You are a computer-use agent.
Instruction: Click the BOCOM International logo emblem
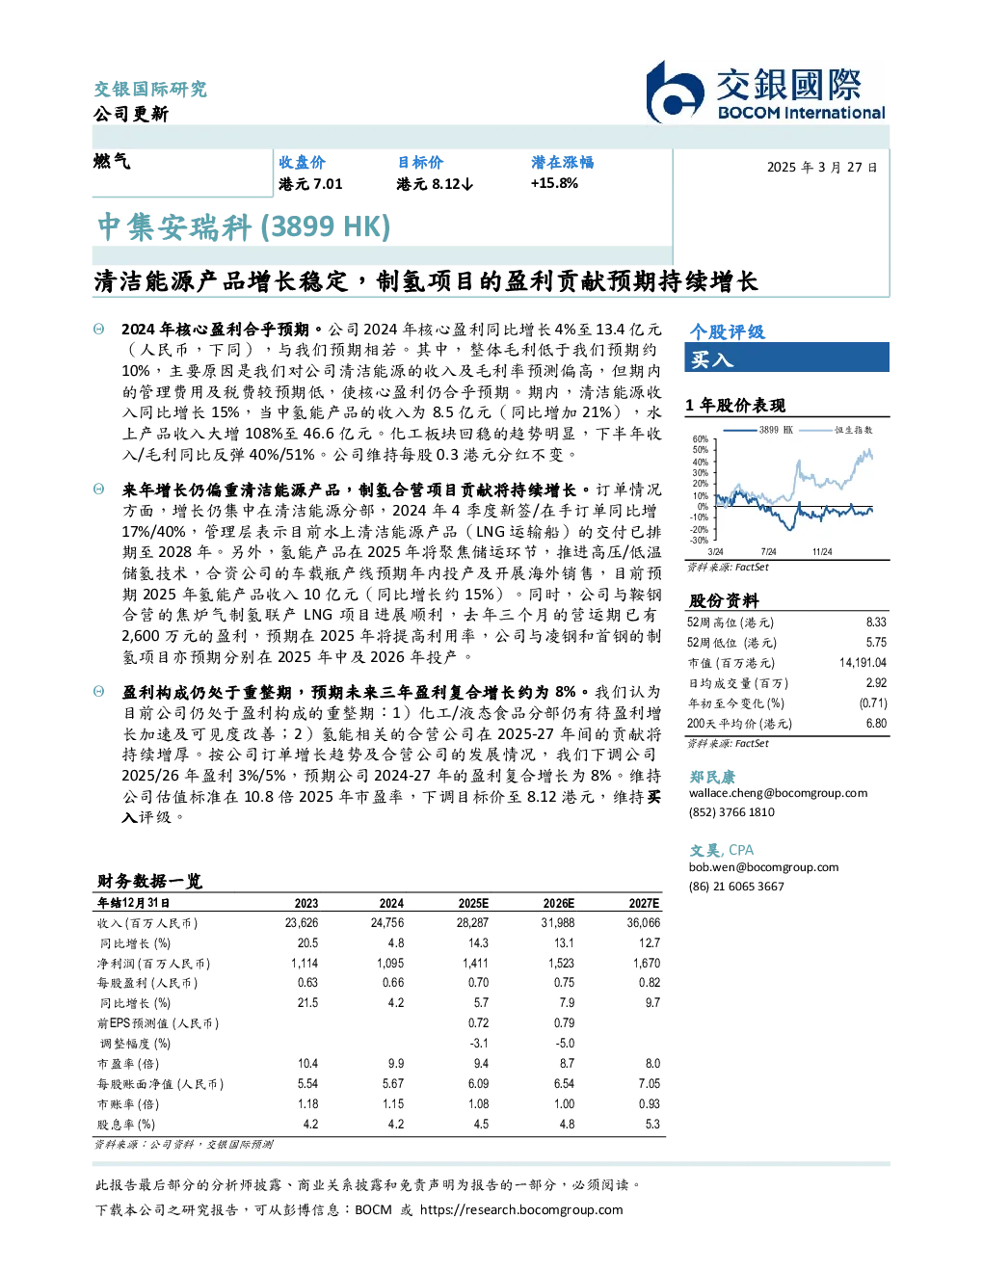pos(675,93)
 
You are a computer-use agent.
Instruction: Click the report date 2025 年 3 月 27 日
pos(822,168)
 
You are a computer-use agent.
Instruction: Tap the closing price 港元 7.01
pos(310,184)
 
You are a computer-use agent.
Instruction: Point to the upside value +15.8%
pos(554,184)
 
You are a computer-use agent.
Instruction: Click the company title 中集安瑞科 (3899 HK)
pos(244,227)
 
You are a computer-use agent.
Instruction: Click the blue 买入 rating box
pos(786,358)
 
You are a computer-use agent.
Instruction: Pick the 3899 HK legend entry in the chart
pos(758,430)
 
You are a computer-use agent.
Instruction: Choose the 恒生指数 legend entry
pos(836,430)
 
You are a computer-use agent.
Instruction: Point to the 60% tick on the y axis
pos(701,439)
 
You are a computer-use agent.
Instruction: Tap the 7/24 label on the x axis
pos(768,552)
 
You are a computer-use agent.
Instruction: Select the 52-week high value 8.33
pos(876,623)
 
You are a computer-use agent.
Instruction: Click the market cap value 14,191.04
pos(863,663)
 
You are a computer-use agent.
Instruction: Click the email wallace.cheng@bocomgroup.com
pos(778,794)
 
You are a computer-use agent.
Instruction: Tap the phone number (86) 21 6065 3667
pos(736,887)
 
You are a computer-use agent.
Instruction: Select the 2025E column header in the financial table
pos(473,904)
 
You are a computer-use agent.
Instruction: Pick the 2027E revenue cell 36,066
pos(643,923)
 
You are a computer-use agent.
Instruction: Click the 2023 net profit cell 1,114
pos(305,964)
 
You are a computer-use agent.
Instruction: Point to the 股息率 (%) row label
pos(126,1125)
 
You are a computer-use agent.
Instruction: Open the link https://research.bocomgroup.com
pos(521,1210)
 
